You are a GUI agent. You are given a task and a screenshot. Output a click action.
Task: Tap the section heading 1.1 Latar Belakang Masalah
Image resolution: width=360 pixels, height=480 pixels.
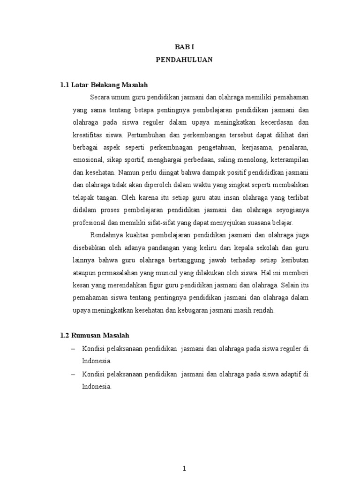(x=104, y=85)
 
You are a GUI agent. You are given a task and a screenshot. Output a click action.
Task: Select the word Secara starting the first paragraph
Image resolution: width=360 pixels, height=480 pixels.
(x=99, y=97)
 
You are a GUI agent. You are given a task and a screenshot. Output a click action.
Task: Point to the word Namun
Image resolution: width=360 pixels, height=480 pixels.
(x=129, y=172)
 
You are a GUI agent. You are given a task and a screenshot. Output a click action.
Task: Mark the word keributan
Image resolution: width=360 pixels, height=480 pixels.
(x=294, y=260)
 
